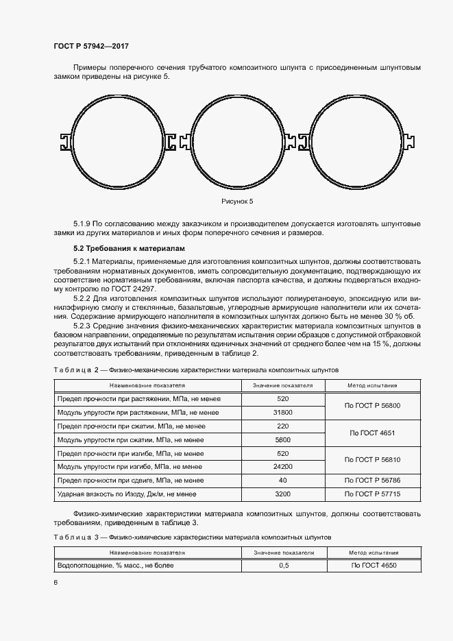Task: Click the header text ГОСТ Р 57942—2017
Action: tap(90, 46)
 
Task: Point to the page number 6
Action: tap(56, 582)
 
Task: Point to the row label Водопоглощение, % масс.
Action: tap(116, 566)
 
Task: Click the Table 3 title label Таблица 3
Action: tap(77, 537)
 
